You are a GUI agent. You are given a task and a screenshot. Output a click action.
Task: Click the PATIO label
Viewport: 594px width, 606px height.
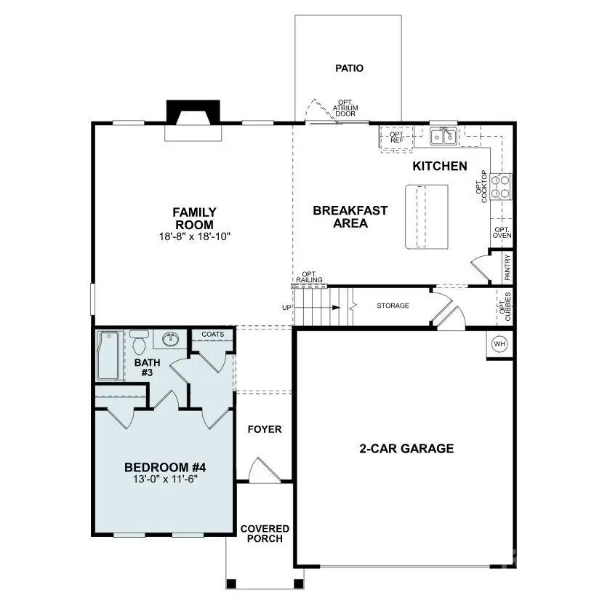click(348, 68)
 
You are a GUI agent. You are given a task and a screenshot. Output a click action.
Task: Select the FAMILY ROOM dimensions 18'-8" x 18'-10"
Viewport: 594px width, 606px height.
click(194, 236)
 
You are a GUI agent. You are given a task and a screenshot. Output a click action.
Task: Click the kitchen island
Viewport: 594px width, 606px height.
click(426, 216)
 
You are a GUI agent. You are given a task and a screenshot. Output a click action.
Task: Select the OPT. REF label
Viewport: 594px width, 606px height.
click(396, 137)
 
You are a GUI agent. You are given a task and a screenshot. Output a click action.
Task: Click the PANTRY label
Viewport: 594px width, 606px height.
click(507, 267)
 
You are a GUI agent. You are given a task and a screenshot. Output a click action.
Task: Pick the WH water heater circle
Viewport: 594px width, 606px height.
click(499, 343)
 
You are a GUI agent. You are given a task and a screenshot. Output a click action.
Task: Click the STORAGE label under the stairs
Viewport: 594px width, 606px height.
click(393, 306)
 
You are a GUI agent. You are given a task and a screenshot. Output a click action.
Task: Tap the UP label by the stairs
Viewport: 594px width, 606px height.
click(286, 308)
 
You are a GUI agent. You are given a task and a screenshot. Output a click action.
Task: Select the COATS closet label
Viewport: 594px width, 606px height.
click(212, 335)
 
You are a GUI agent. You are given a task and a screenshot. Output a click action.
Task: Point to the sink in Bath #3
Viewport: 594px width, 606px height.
click(171, 338)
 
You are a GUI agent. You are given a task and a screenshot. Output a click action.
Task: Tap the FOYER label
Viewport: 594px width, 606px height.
click(263, 429)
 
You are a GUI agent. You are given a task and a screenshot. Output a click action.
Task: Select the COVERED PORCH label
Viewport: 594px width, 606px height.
click(265, 533)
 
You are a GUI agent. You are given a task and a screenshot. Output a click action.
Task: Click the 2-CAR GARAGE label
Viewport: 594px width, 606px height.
click(406, 448)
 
